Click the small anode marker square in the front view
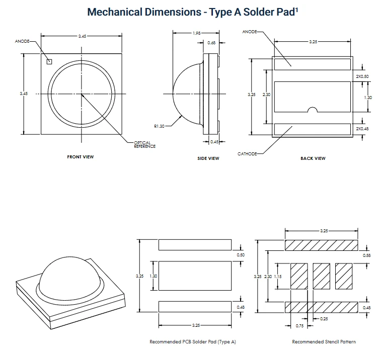tap(49, 62)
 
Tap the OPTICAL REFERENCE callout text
tap(145, 144)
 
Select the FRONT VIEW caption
tap(81, 157)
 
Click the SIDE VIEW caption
tap(208, 158)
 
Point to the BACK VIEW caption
tap(313, 158)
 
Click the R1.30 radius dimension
tap(159, 126)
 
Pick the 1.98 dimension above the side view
tap(197, 33)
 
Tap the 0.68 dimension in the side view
tap(211, 43)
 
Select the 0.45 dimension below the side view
tap(214, 142)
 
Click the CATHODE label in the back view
tap(247, 154)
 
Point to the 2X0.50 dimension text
tap(362, 76)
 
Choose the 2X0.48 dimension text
tap(362, 129)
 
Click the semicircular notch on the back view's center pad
tap(313, 110)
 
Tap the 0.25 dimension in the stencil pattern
tap(324, 319)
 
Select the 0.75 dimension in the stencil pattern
tap(299, 326)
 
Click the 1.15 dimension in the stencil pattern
tap(278, 277)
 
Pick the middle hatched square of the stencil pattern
tap(322, 276)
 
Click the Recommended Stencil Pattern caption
tap(324, 342)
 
